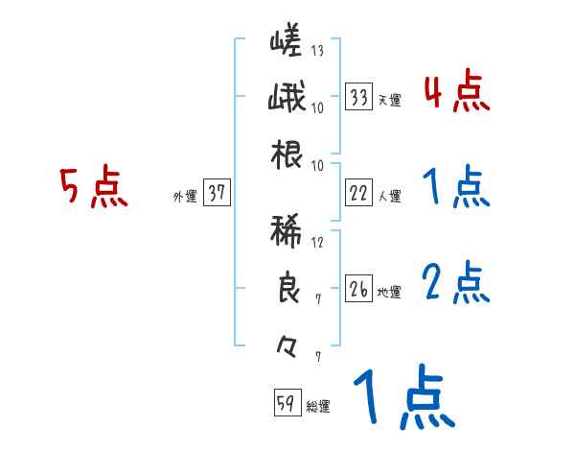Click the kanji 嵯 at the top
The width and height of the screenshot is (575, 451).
tap(286, 43)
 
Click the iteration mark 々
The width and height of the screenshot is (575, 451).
tap(286, 344)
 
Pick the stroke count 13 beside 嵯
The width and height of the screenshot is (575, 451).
tap(317, 51)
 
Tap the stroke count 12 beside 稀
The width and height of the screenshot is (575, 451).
tap(317, 243)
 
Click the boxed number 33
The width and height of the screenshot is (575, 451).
tap(359, 97)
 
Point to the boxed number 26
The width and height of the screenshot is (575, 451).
tap(359, 289)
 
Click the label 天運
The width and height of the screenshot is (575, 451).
tap(389, 100)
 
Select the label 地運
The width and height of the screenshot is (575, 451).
tap(389, 292)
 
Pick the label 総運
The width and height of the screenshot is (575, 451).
tap(317, 406)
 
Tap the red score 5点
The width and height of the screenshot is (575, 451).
tap(93, 187)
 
